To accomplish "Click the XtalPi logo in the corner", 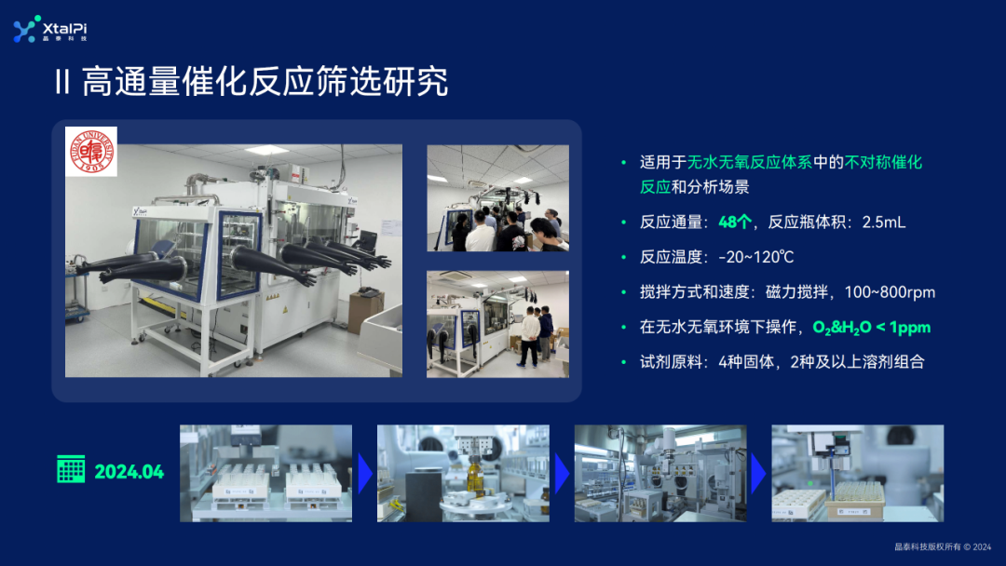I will click(51, 30).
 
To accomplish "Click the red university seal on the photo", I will click(91, 152).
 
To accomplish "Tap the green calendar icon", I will click(71, 470).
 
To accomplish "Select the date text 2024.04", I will click(129, 472).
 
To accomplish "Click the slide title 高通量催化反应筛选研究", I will click(265, 82).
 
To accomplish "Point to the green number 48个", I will click(735, 222).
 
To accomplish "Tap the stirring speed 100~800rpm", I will click(890, 292).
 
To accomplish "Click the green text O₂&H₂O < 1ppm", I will click(871, 328).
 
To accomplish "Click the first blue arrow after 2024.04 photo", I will click(365, 473).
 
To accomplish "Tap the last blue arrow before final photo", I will click(758, 473).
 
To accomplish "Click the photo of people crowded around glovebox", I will click(497, 198).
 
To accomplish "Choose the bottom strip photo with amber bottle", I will click(463, 473).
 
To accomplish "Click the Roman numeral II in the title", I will click(62, 83).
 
